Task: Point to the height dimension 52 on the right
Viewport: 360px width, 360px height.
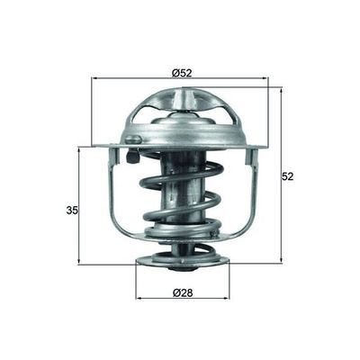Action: click(x=288, y=177)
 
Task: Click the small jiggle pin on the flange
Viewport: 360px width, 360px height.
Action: click(x=132, y=139)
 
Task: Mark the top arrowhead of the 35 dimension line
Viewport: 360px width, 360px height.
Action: click(x=80, y=149)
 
